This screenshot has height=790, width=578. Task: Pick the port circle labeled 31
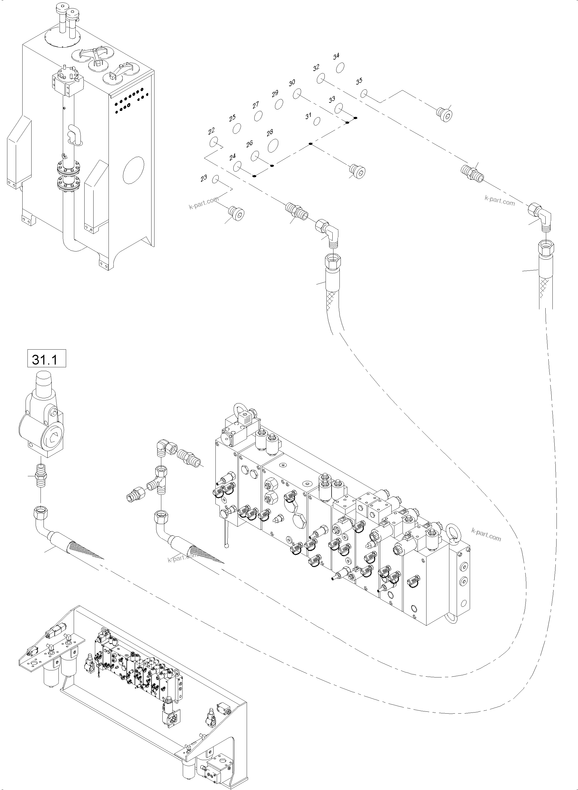[317, 121]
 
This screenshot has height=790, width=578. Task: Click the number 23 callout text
[204, 178]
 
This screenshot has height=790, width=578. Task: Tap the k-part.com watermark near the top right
[500, 202]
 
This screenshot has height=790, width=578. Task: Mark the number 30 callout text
[292, 83]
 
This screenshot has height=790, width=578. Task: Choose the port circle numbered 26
[255, 155]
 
